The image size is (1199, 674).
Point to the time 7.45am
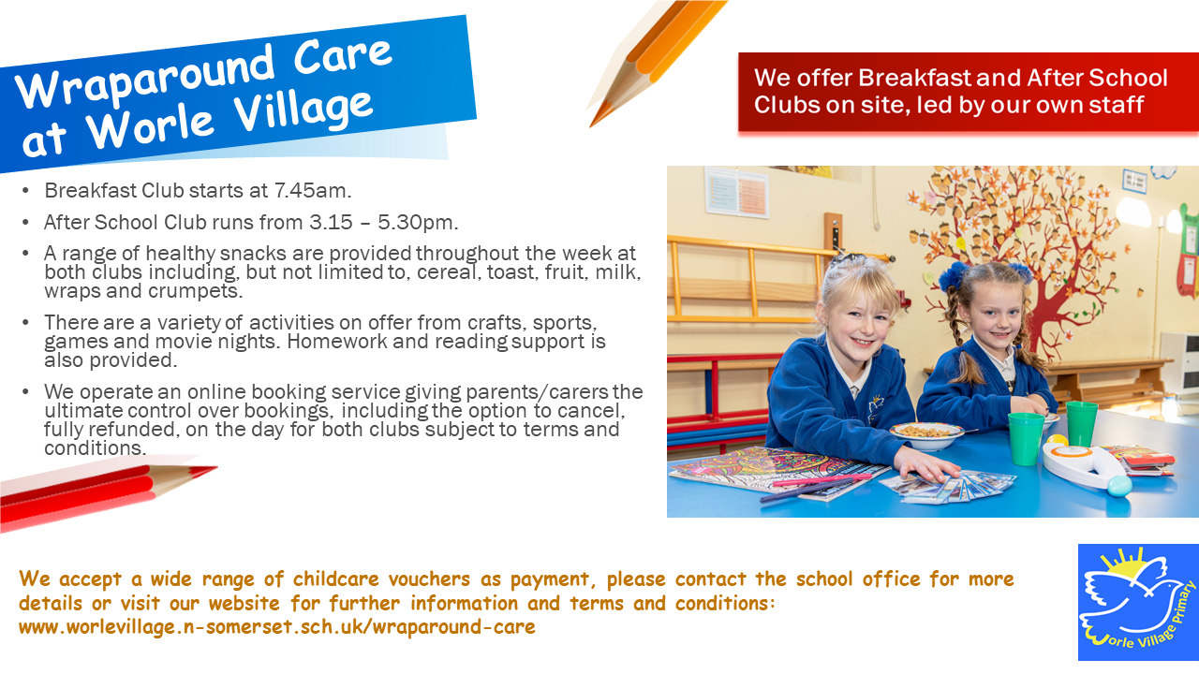pyautogui.click(x=312, y=191)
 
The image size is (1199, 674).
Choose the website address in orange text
pyautogui.click(x=277, y=627)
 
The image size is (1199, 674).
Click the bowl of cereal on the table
pyautogui.click(x=925, y=433)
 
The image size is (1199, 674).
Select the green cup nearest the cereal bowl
pyautogui.click(x=1026, y=438)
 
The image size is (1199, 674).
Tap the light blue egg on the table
pyautogui.click(x=1118, y=486)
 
